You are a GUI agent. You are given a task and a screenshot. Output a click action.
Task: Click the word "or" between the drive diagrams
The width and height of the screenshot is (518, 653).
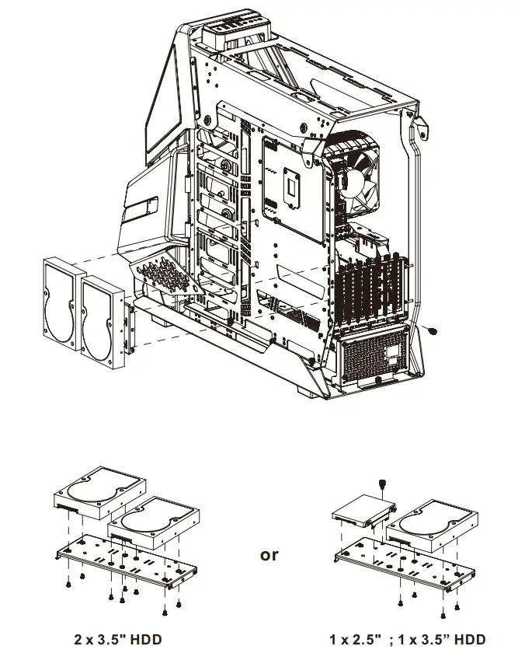[x=269, y=555]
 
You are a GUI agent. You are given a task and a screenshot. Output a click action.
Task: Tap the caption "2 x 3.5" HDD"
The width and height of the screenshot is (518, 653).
[x=118, y=639]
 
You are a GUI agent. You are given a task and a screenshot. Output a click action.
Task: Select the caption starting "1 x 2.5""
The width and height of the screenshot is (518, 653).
[x=407, y=639]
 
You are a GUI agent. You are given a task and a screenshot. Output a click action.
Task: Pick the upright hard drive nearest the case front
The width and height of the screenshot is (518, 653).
[x=102, y=319]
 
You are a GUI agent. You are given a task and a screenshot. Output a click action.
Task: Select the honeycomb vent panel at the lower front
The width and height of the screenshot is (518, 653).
[x=163, y=276]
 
